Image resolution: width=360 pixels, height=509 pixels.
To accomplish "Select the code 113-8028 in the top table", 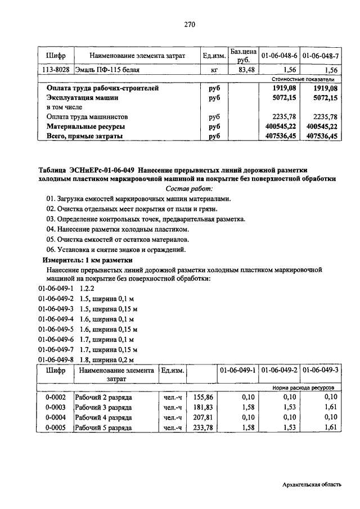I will pyautogui.click(x=56, y=70).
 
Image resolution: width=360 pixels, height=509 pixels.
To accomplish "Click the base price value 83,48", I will pyautogui.click(x=243, y=70).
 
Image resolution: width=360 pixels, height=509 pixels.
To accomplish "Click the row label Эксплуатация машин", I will pyautogui.click(x=83, y=98).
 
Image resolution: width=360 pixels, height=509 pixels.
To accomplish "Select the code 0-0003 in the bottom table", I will pyautogui.click(x=56, y=407).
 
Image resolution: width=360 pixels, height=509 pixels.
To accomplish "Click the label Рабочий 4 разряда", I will pyautogui.click(x=106, y=418).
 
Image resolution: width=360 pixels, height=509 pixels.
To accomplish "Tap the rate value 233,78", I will pyautogui.click(x=204, y=428).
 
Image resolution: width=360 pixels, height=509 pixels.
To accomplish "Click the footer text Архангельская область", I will pyautogui.click(x=311, y=485).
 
